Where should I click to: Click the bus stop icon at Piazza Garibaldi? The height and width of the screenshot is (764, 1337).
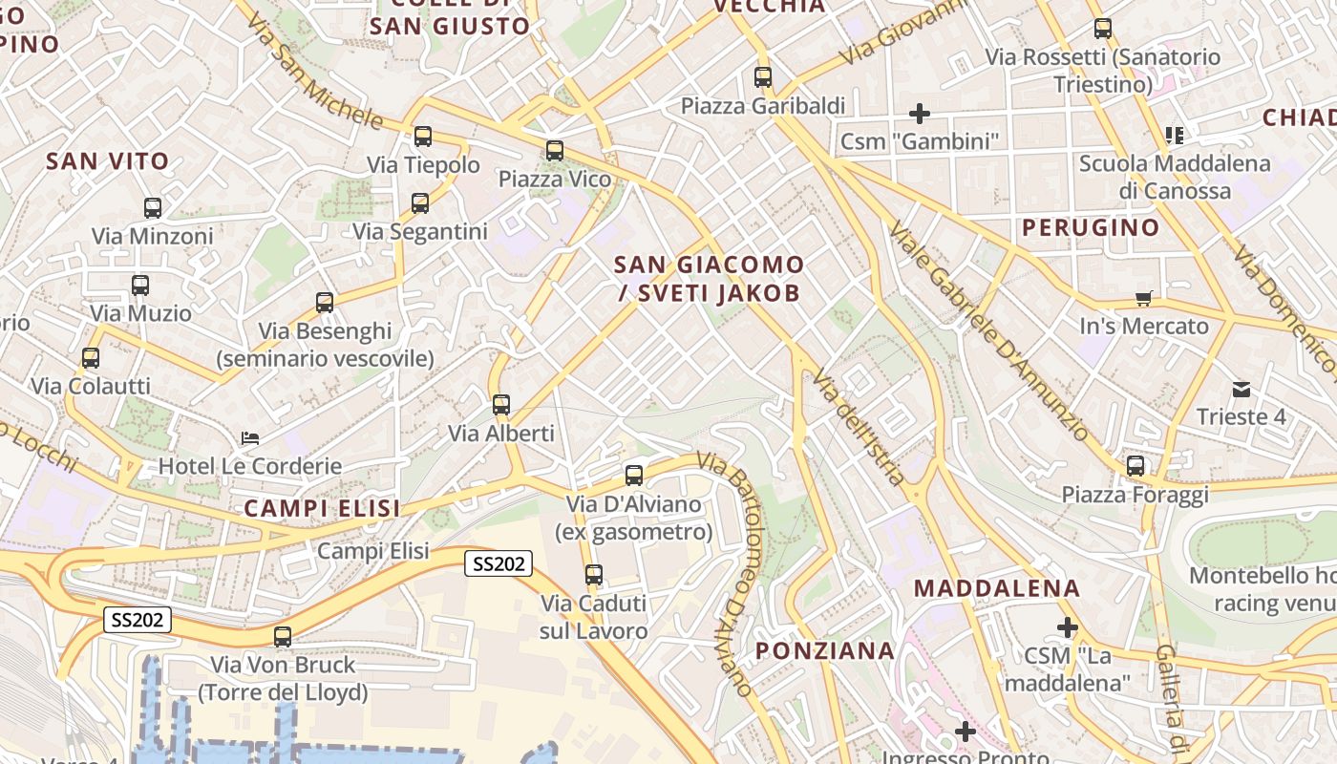click(762, 77)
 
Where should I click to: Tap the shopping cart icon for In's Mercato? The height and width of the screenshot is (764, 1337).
click(1143, 298)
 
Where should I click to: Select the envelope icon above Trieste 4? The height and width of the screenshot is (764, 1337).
click(1241, 390)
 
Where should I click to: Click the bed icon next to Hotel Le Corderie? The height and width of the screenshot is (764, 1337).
click(250, 438)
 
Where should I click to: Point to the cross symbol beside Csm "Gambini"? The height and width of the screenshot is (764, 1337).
click(919, 115)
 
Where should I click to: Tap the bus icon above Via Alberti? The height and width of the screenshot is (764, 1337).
click(501, 405)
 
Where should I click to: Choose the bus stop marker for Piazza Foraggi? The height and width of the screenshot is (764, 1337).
click(1135, 466)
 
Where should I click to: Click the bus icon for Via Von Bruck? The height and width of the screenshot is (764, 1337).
click(283, 637)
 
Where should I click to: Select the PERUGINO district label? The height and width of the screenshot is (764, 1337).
click(1091, 228)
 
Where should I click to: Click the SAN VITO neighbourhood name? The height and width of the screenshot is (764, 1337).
click(108, 161)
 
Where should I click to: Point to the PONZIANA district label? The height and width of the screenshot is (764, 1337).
click(825, 651)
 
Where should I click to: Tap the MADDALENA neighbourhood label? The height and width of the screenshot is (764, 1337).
click(997, 588)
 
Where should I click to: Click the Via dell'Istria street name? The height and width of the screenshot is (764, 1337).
click(858, 427)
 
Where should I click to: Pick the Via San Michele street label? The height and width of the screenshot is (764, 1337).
click(318, 73)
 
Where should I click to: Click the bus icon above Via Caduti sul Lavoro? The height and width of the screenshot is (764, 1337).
click(594, 575)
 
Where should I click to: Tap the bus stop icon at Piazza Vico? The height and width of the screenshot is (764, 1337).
click(555, 151)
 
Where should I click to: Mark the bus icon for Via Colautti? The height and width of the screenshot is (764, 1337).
click(91, 358)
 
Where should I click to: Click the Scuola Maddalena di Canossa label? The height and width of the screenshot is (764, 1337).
click(1175, 177)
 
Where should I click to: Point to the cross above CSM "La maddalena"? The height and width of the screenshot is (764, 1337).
click(1067, 627)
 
